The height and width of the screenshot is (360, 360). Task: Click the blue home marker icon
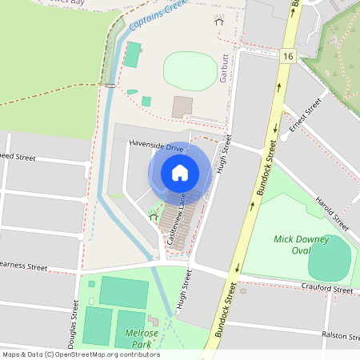(x=180, y=172)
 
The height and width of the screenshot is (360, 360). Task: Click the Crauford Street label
(x=327, y=286)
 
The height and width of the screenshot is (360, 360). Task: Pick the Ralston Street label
(x=337, y=334)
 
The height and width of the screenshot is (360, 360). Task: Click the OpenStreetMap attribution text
(x=80, y=354)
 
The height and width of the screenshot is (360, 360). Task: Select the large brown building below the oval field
(x=182, y=106)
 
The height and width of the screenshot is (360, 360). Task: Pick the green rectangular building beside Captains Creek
(x=132, y=55)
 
